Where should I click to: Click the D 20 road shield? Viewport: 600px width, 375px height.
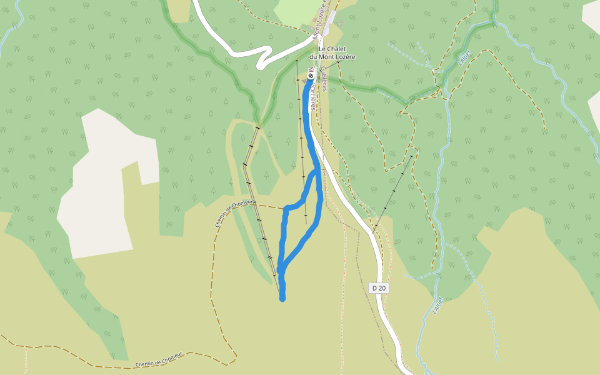(379, 287)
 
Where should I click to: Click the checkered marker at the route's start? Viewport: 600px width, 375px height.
(311, 76)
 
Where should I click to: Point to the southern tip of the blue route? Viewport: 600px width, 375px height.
(282, 299)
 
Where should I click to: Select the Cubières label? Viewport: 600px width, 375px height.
(325, 79)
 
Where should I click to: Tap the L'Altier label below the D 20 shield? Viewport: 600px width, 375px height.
(437, 304)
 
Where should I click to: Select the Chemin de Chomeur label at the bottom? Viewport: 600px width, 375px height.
(159, 359)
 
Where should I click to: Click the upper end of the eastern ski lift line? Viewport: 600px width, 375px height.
(412, 156)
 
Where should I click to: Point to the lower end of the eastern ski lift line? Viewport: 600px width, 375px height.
(373, 232)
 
